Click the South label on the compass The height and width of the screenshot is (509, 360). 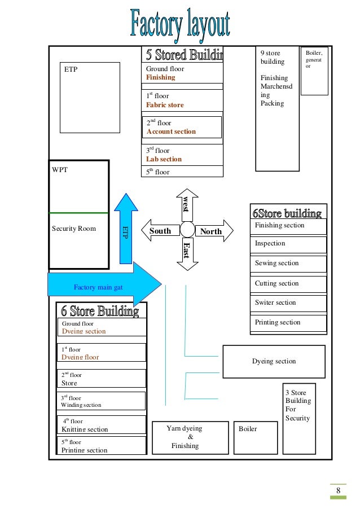click(x=160, y=231)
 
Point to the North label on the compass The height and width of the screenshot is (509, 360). click(x=211, y=231)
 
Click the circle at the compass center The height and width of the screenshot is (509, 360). click(x=187, y=231)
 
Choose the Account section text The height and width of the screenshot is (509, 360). click(x=171, y=132)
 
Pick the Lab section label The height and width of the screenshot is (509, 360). click(x=164, y=159)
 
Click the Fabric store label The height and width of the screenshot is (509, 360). click(x=165, y=105)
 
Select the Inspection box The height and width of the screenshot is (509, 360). click(x=288, y=244)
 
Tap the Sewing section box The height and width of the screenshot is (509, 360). click(x=288, y=264)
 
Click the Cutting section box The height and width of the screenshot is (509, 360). click(x=288, y=283)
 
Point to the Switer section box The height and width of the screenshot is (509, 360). click(x=288, y=303)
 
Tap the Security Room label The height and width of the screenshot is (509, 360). click(x=74, y=229)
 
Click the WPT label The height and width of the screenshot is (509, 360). click(x=60, y=169)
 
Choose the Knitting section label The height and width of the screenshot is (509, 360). click(x=85, y=429)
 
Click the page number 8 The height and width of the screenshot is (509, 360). click(x=338, y=490)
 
